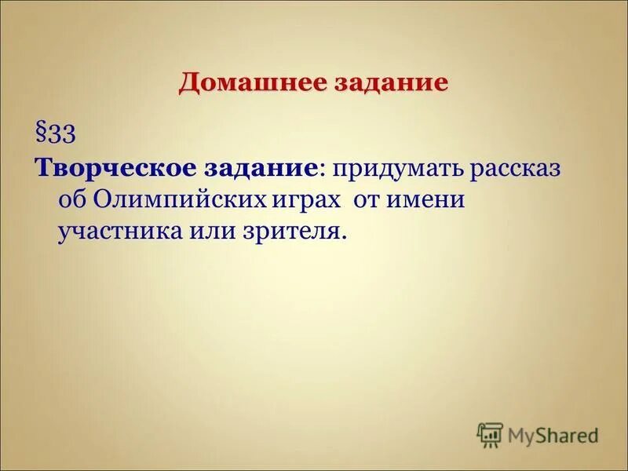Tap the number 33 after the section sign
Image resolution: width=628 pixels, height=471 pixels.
61,133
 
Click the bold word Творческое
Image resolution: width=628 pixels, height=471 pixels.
101,168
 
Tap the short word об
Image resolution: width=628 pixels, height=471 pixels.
72,200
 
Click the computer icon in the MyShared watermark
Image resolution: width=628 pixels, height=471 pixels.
489,433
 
